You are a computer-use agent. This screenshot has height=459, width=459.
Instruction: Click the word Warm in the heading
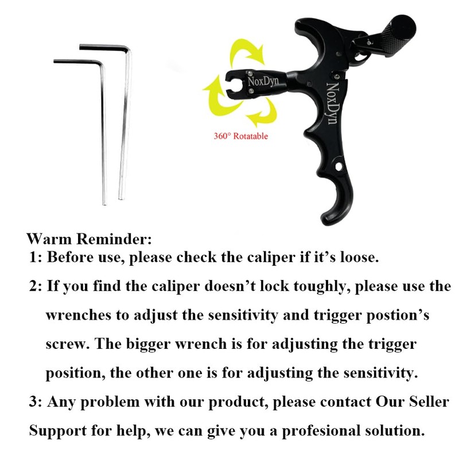click(x=46, y=238)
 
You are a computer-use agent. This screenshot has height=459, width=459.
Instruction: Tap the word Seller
click(x=426, y=402)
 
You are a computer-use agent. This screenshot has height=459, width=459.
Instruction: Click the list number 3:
click(x=36, y=402)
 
